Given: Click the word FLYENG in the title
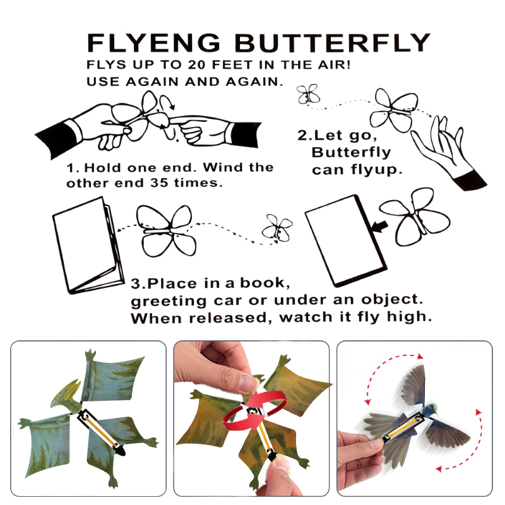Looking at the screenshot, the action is pos(153,43).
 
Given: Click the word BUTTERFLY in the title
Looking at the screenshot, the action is pos(333,43).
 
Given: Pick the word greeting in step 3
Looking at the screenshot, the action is pos(169,302).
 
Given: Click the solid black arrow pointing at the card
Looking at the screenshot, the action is pos(380,226).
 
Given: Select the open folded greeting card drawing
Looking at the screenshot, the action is pos(88,245).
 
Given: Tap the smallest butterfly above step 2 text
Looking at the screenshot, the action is pos(308,94).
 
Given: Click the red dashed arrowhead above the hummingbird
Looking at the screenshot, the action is pos(420,356).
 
